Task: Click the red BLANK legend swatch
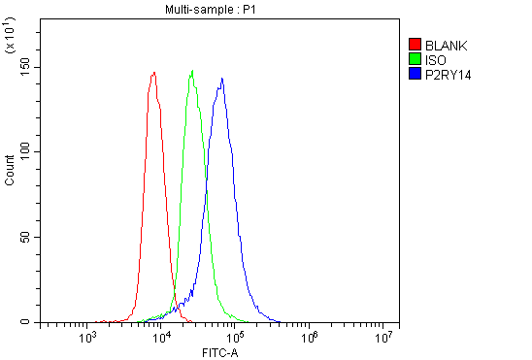(415, 45)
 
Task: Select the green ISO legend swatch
(415, 59)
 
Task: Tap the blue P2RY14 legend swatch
(415, 74)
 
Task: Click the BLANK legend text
(447, 45)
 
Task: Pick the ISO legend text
(437, 59)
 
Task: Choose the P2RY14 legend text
(449, 74)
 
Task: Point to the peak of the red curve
(154, 72)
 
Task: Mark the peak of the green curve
(193, 70)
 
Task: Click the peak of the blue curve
(222, 79)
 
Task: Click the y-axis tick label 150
(21, 66)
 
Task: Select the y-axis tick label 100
(21, 151)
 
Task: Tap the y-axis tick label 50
(24, 237)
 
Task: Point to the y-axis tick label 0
(27, 322)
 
